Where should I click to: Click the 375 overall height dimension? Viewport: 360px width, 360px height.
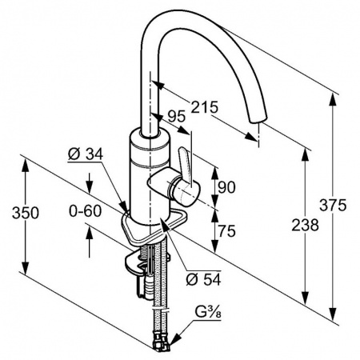point(333,206)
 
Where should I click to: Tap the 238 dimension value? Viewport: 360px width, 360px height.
point(305,225)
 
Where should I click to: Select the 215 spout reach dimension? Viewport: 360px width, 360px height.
point(205,107)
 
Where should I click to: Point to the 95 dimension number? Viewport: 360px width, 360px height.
point(176,117)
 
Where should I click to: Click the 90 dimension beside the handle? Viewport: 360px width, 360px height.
point(226,187)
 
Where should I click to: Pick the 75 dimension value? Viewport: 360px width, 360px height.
point(227,230)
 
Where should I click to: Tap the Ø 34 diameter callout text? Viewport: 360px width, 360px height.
point(86,154)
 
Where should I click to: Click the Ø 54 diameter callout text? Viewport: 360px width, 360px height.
point(204,279)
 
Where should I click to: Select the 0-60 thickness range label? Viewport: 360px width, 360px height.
point(86,211)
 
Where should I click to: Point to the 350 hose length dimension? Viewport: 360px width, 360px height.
point(26,214)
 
